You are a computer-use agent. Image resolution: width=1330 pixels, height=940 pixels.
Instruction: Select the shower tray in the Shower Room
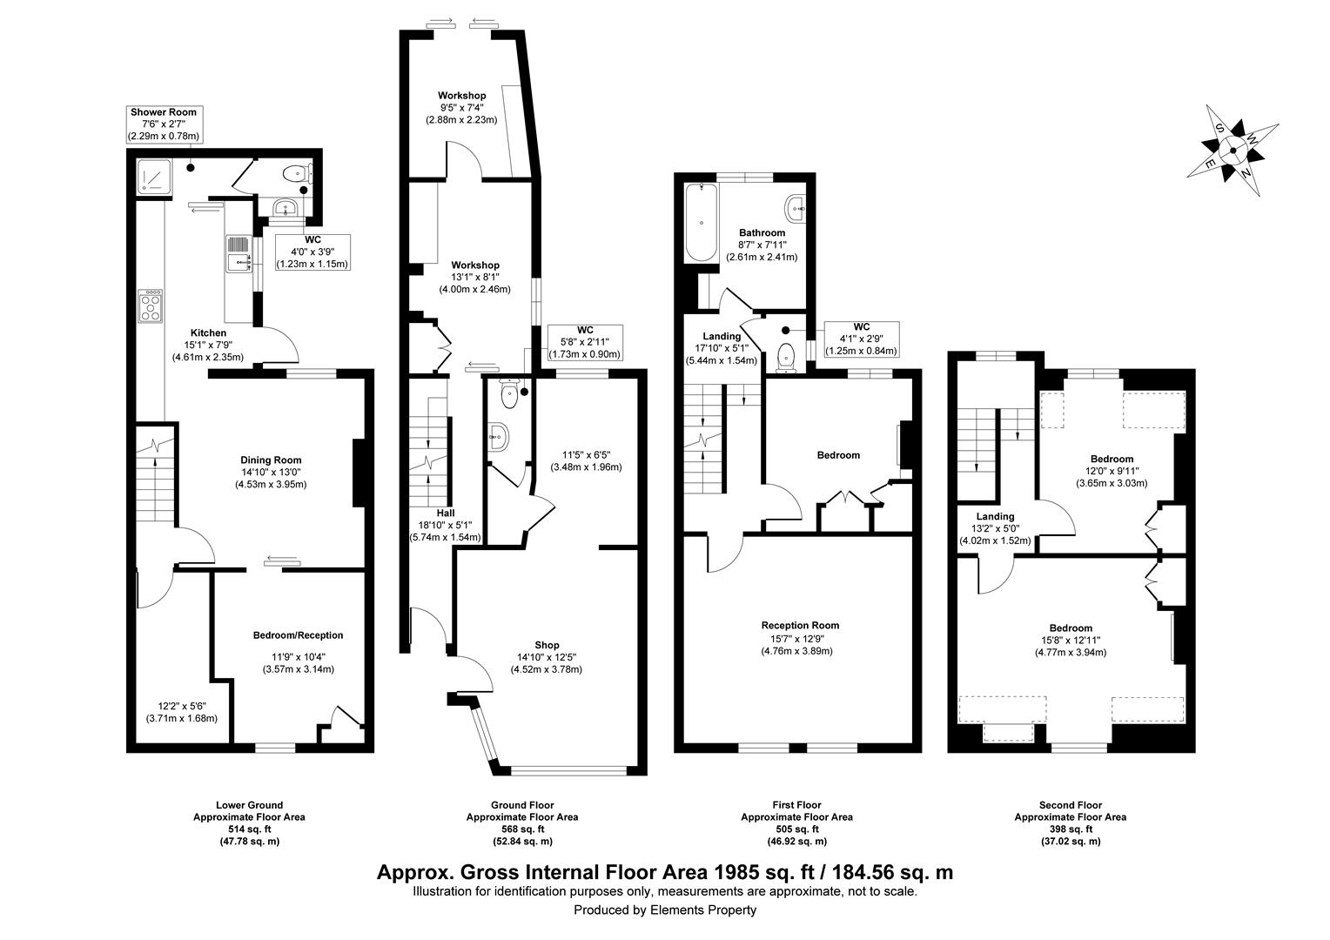click(154, 178)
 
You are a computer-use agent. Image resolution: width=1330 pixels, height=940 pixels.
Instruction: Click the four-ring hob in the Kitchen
click(151, 305)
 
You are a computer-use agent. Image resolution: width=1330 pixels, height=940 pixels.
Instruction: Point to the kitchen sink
click(237, 256)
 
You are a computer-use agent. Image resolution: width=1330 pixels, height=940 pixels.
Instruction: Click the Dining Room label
click(271, 460)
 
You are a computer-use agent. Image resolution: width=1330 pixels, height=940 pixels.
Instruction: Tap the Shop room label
click(546, 645)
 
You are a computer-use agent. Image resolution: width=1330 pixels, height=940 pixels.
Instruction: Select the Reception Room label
click(799, 625)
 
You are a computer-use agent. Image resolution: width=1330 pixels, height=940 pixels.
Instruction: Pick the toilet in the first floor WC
click(788, 356)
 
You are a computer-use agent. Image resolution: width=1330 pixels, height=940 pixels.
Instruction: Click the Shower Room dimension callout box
click(164, 124)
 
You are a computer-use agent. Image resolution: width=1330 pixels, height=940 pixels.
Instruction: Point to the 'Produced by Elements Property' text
click(665, 910)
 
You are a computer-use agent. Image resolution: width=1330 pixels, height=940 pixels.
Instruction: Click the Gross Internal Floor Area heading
click(665, 871)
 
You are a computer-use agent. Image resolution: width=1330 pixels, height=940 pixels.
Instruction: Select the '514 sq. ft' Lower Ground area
click(249, 829)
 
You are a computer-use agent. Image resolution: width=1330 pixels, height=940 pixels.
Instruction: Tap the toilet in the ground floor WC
click(509, 395)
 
